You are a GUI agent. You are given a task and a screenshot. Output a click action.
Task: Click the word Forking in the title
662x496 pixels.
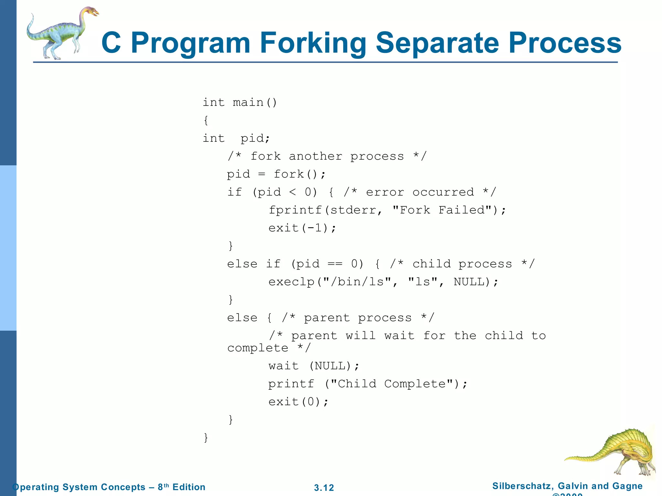pyautogui.click(x=313, y=43)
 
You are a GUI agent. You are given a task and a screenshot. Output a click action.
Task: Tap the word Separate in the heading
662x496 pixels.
pyautogui.click(x=437, y=43)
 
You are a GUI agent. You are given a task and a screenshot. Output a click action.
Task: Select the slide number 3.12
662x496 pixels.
pyautogui.click(x=324, y=488)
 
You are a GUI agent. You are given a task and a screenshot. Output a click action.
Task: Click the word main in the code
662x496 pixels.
pyautogui.click(x=248, y=103)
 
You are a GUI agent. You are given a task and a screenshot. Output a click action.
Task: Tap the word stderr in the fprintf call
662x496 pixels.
pyautogui.click(x=353, y=210)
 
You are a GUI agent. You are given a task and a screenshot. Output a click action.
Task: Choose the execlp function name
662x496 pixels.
pyautogui.click(x=291, y=282)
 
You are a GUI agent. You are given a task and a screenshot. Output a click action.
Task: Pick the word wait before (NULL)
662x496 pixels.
pyautogui.click(x=283, y=366)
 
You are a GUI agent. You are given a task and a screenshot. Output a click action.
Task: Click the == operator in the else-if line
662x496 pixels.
pyautogui.click(x=335, y=264)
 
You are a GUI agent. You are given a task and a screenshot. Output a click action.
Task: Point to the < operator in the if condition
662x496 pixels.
pyautogui.click(x=293, y=192)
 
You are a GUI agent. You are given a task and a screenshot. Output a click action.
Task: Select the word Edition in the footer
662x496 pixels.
pyautogui.click(x=189, y=487)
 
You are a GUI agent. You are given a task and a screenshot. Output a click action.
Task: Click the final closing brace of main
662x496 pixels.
pyautogui.click(x=206, y=438)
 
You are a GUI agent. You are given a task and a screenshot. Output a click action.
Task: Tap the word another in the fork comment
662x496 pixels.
pyautogui.click(x=315, y=157)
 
